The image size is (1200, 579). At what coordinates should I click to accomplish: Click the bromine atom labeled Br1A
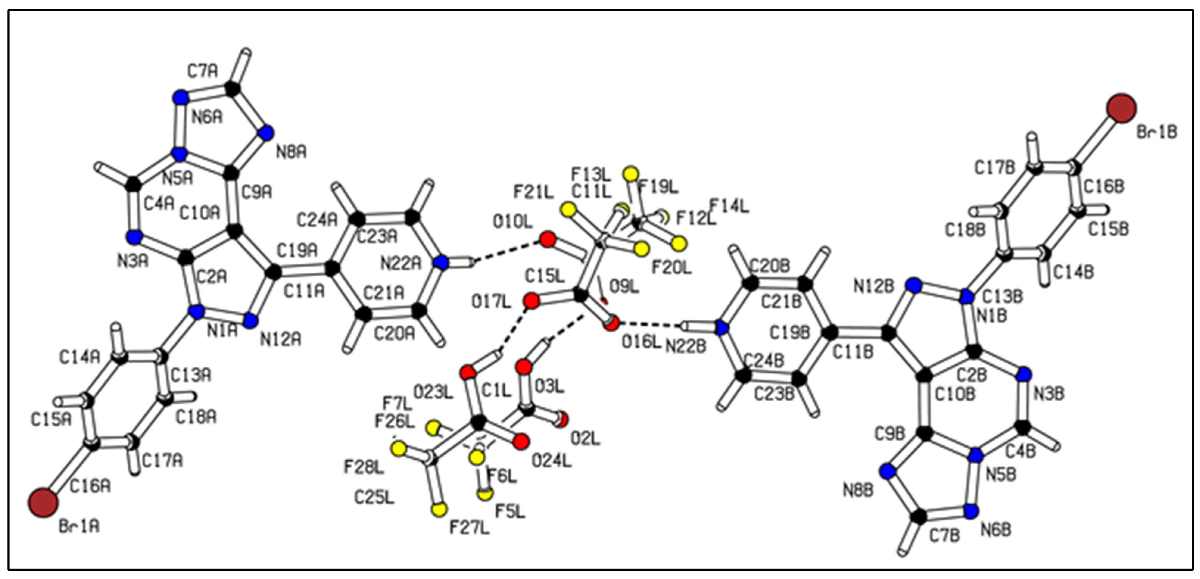click(x=43, y=502)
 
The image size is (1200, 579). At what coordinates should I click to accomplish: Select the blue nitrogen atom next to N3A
click(x=134, y=237)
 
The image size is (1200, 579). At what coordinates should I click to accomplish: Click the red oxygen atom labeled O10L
click(x=547, y=239)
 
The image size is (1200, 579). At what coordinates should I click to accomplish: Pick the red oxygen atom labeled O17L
click(x=531, y=301)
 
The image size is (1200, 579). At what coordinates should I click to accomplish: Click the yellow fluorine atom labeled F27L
click(x=439, y=510)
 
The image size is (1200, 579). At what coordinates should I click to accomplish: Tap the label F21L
click(x=533, y=191)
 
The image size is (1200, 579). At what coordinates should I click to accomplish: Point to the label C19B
click(x=790, y=333)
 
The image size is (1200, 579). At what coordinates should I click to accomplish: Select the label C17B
click(x=994, y=168)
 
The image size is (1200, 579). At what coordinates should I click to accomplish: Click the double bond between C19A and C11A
click(x=303, y=270)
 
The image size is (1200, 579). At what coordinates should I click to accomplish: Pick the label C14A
click(x=79, y=357)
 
